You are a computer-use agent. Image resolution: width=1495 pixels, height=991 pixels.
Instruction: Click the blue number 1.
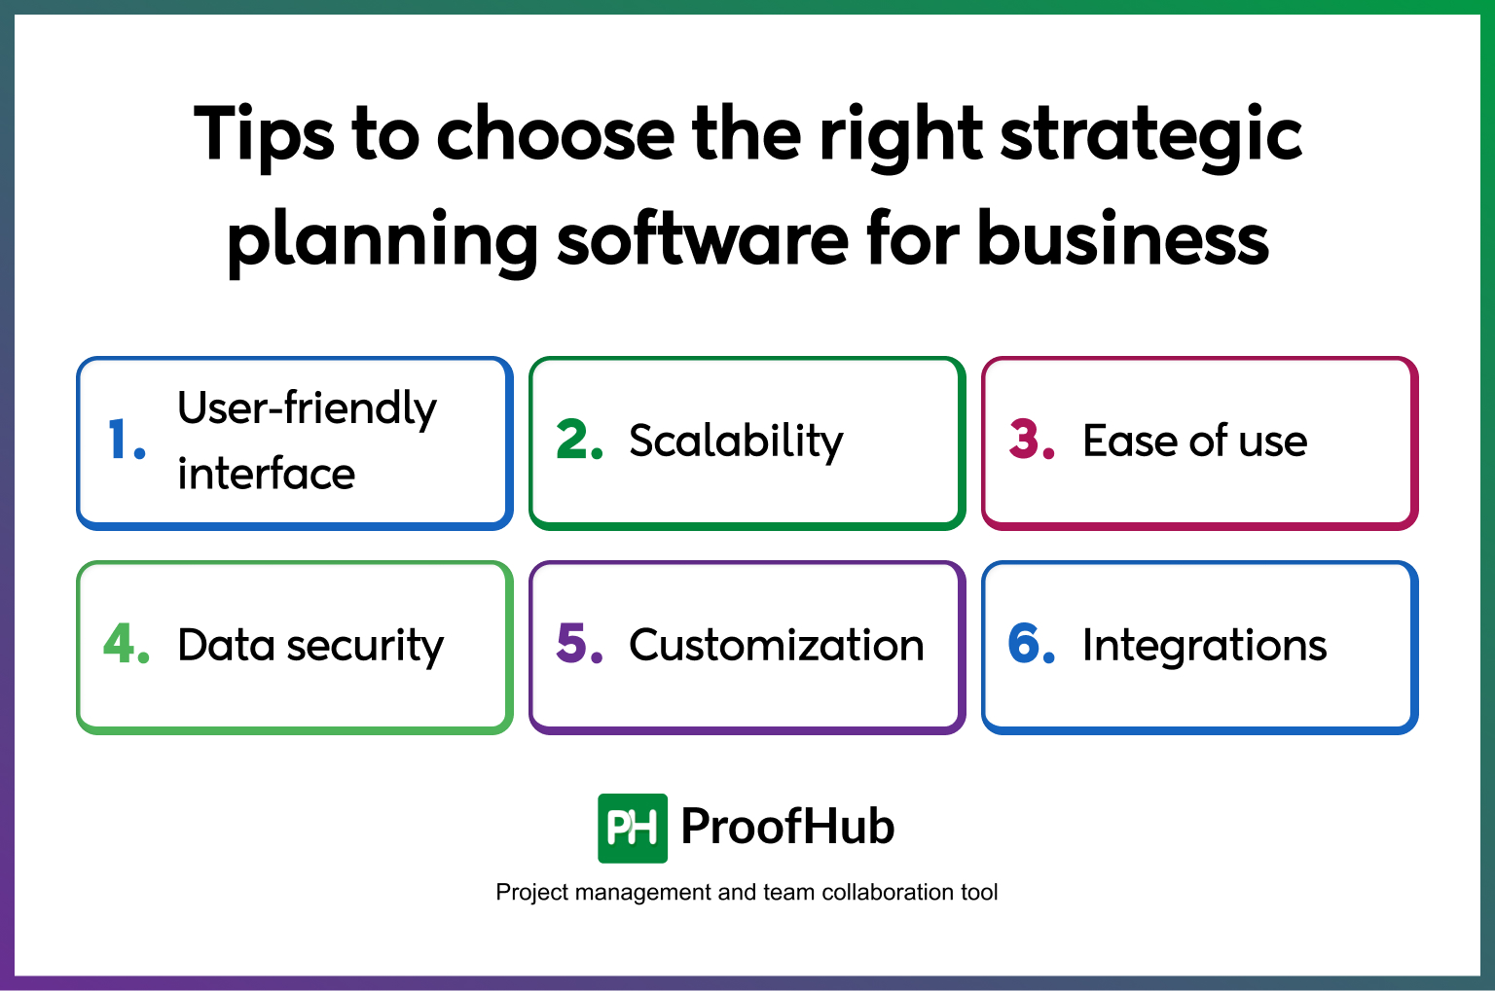124,440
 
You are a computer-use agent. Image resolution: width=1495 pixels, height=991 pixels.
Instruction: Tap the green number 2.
578,440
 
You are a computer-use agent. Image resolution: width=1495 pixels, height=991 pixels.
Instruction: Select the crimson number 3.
1031,440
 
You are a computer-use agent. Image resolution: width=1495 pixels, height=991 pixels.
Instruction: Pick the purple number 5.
578,644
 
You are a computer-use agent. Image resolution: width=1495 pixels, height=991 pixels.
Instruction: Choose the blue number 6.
1031,644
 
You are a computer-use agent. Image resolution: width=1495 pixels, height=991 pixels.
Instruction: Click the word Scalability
736,442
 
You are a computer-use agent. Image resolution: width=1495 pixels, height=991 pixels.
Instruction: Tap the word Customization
776,645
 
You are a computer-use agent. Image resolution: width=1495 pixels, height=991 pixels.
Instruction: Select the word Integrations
1204,645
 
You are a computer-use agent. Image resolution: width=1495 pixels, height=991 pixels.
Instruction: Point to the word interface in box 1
266,474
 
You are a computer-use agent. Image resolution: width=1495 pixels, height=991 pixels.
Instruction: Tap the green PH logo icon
632,829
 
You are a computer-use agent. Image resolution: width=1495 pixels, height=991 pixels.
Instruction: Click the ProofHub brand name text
787,827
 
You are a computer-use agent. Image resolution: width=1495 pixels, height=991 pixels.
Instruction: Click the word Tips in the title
265,136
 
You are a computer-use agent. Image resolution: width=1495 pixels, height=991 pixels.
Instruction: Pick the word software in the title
703,239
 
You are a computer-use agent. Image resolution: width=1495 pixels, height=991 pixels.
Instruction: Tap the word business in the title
1122,239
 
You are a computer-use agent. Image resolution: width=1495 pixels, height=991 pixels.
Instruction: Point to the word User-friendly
307,408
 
